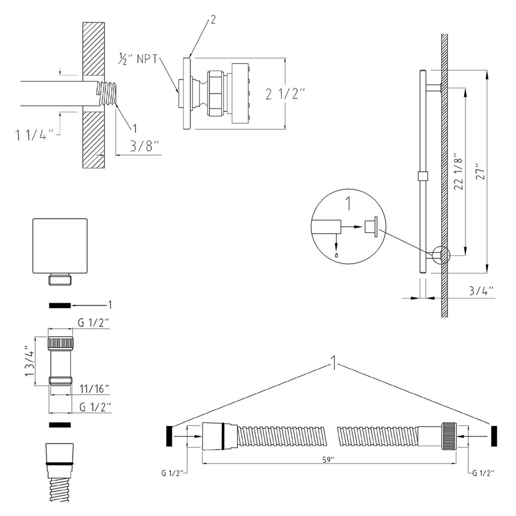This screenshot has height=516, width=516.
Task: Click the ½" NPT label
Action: tap(137, 60)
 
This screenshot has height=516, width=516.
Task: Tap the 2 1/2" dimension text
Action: tap(286, 94)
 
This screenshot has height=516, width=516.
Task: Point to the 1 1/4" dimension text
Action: tap(36, 135)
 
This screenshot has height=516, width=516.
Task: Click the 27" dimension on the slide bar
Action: tap(479, 171)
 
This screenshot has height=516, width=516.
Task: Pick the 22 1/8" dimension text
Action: tap(457, 171)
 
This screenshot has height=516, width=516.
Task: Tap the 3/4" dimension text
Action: tap(481, 290)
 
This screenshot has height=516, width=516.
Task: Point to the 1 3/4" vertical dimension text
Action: tap(29, 361)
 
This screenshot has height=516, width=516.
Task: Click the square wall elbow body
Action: tap(60, 246)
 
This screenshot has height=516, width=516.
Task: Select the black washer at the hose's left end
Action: tap(170, 436)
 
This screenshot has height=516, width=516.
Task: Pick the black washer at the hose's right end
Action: tap(494, 436)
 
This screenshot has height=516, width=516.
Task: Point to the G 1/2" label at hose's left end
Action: tap(173, 473)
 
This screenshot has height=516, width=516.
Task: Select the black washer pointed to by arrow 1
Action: tap(60, 305)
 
